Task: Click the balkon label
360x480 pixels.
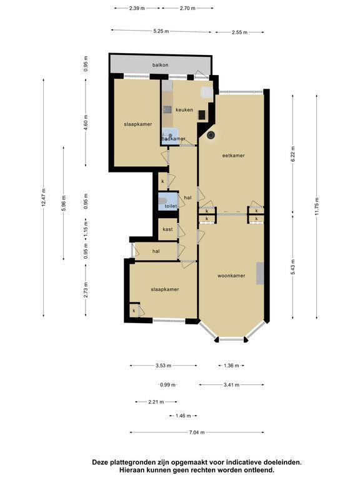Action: tap(161, 65)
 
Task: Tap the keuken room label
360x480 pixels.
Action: tap(184, 109)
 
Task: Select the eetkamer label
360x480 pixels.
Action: tap(234, 156)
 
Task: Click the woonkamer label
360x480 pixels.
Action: tap(231, 276)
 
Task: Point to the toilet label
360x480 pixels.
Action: tap(171, 206)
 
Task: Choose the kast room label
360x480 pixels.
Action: tap(167, 229)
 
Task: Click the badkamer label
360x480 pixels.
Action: tap(174, 139)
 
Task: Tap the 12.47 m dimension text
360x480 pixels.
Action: tap(44, 197)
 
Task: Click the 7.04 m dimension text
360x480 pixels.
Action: tap(197, 432)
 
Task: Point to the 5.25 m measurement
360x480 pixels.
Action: tap(161, 31)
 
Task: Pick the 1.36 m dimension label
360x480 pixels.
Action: tap(231, 365)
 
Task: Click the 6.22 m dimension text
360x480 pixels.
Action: tap(293, 156)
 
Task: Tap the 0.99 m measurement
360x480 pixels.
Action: tap(167, 384)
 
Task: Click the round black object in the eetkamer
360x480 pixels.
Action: tap(211, 135)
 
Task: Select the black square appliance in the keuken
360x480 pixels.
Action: tap(202, 115)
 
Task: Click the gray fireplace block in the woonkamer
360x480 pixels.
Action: tap(260, 273)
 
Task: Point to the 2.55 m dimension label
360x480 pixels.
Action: tap(240, 32)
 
